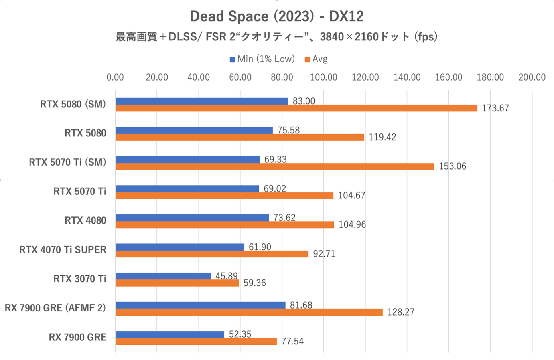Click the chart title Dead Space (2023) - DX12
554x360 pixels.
click(276, 16)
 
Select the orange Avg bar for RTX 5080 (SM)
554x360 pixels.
click(296, 108)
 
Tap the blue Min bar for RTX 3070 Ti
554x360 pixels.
click(163, 276)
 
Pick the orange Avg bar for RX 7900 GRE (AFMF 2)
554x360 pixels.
click(249, 312)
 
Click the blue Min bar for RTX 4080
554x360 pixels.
click(192, 218)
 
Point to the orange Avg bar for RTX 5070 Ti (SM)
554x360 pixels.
click(274, 166)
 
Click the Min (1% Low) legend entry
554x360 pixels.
click(262, 59)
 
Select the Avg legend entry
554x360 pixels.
click(316, 59)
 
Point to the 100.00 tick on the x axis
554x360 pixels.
click(323, 77)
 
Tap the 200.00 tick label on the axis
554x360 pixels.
click(532, 77)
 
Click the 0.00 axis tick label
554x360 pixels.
click(115, 77)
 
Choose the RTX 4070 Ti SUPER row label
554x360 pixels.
click(63, 250)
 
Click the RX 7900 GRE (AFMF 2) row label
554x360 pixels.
click(55, 308)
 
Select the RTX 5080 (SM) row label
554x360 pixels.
click(73, 104)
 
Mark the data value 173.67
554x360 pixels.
click(495, 108)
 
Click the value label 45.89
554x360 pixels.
click(226, 276)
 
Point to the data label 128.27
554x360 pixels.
click(400, 312)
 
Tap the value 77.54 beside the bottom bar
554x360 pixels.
click(292, 341)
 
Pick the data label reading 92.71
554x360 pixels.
click(324, 254)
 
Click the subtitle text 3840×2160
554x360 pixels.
click(349, 37)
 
